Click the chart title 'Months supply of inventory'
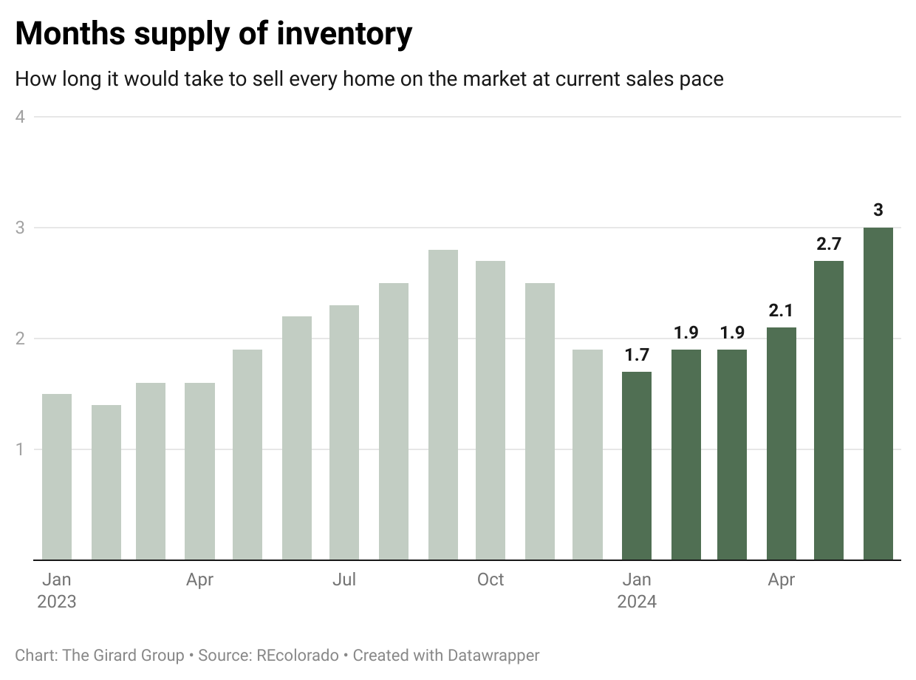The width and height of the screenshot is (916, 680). (213, 34)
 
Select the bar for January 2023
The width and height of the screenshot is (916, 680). (57, 477)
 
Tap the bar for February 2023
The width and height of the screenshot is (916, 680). (106, 482)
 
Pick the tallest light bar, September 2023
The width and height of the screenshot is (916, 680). (442, 405)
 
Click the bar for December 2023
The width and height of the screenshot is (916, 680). (587, 455)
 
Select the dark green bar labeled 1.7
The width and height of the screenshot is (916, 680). (637, 466)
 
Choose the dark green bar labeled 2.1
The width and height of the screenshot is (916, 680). (781, 443)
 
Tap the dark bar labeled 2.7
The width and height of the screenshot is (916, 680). (829, 410)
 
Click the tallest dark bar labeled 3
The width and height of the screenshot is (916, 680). (878, 394)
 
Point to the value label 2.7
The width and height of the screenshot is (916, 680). (829, 244)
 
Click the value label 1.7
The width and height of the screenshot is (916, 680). (637, 355)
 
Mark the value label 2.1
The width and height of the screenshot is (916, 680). (781, 310)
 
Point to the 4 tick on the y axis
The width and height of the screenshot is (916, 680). (20, 117)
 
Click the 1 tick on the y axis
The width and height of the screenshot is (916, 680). (20, 449)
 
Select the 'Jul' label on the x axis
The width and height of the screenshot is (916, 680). (344, 579)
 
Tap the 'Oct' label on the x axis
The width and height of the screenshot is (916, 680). (491, 579)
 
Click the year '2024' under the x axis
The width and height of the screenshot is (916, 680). (637, 602)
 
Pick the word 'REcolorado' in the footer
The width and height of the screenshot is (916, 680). (297, 655)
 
